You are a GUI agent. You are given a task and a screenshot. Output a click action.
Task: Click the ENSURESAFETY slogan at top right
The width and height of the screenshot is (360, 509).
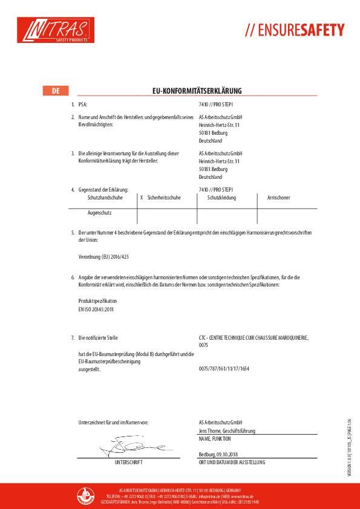295,30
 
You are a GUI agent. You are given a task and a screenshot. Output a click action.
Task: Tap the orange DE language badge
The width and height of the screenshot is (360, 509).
56,91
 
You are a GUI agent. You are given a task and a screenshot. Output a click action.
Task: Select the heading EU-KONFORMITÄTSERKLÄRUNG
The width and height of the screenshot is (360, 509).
197,91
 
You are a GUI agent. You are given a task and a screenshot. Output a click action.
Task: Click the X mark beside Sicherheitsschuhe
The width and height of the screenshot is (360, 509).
141,198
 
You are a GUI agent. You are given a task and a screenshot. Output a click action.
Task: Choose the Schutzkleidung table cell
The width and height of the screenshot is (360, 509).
221,198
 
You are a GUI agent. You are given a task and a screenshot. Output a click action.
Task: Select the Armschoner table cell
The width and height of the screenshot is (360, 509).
278,198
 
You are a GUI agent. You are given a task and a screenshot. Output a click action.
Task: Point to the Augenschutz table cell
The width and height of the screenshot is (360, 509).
99,213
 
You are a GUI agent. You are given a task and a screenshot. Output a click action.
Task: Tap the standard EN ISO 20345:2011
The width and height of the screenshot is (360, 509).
96,309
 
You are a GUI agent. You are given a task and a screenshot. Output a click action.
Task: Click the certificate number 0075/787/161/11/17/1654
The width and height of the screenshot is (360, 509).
224,368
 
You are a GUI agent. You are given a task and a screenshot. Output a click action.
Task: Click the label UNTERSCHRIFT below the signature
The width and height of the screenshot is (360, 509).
128,462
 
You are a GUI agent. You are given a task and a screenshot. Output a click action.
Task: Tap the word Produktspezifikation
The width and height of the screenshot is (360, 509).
98,300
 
